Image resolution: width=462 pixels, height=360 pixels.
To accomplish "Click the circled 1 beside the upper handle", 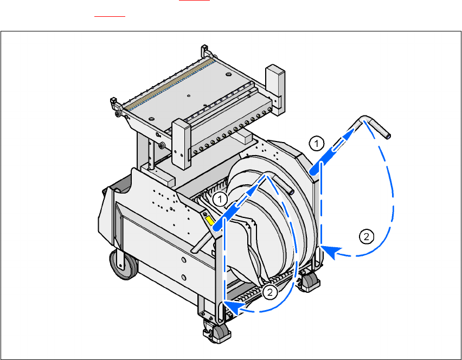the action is (317, 144).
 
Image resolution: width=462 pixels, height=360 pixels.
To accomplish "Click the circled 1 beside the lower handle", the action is (220, 200).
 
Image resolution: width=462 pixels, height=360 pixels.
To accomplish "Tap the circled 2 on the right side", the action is (367, 236).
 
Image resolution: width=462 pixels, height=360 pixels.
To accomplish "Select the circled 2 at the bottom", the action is (269, 292).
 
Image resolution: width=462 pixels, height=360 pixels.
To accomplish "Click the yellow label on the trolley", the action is (210, 220).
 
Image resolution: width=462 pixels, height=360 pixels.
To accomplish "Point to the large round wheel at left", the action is (123, 264).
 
